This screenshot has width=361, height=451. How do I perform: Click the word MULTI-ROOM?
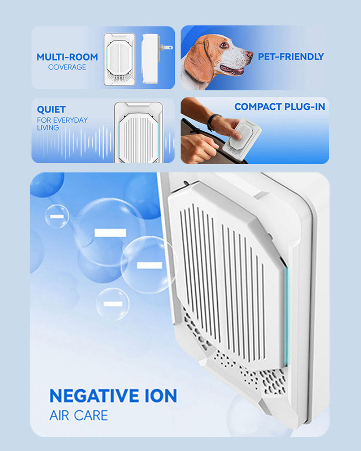[67, 57]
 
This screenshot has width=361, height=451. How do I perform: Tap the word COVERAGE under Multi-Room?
[67, 67]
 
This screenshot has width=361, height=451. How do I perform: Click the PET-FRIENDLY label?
[291, 57]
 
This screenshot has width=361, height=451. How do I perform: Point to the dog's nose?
[250, 54]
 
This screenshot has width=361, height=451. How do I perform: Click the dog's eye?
[223, 45]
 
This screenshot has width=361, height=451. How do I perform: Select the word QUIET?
[51, 109]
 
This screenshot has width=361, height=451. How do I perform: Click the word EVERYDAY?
[70, 120]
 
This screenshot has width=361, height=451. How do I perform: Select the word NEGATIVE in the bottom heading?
[93, 396]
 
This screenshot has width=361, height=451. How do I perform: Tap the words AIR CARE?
[79, 415]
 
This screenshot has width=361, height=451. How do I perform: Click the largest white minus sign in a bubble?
[110, 233]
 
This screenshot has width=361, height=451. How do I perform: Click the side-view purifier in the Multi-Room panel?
[150, 59]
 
